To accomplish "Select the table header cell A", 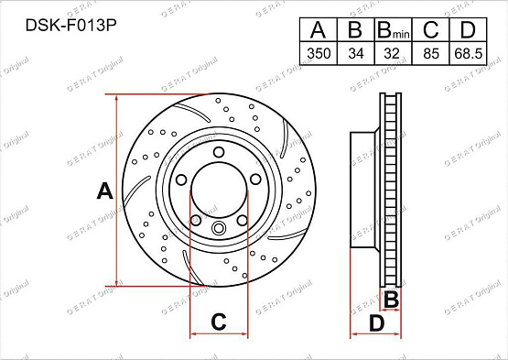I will click(318, 30).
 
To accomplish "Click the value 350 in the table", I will click(318, 54).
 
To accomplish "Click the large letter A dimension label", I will click(104, 191).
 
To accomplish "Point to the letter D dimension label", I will click(376, 322).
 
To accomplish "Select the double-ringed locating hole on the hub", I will click(218, 229).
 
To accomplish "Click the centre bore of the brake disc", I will click(220, 191).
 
